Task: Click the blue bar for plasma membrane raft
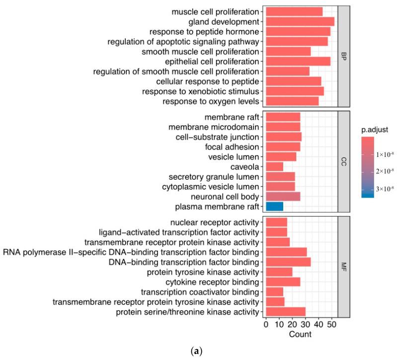coord(275,207)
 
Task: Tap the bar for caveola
coord(275,167)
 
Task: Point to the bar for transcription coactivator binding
coord(275,291)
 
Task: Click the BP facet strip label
coord(343,56)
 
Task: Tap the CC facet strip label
coord(343,162)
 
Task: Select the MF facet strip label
coord(343,267)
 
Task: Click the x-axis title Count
coord(300,335)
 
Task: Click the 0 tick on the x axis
coord(266,325)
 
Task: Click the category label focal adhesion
coord(232,147)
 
